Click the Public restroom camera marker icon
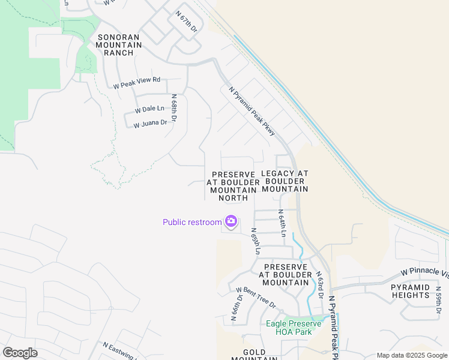point(231,222)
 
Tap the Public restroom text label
point(192,222)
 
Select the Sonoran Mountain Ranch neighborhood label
point(118,45)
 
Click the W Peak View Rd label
point(137,83)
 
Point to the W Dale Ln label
point(149,109)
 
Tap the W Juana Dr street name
point(149,124)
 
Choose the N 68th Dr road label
point(174,108)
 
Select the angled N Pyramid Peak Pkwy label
point(252,110)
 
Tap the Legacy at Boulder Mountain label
point(285,181)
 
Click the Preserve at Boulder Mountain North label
point(233,185)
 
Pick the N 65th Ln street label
point(255,241)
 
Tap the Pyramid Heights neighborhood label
point(411,292)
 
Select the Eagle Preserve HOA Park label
point(294,328)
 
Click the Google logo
point(20,353)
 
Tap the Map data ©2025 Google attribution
point(411,355)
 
